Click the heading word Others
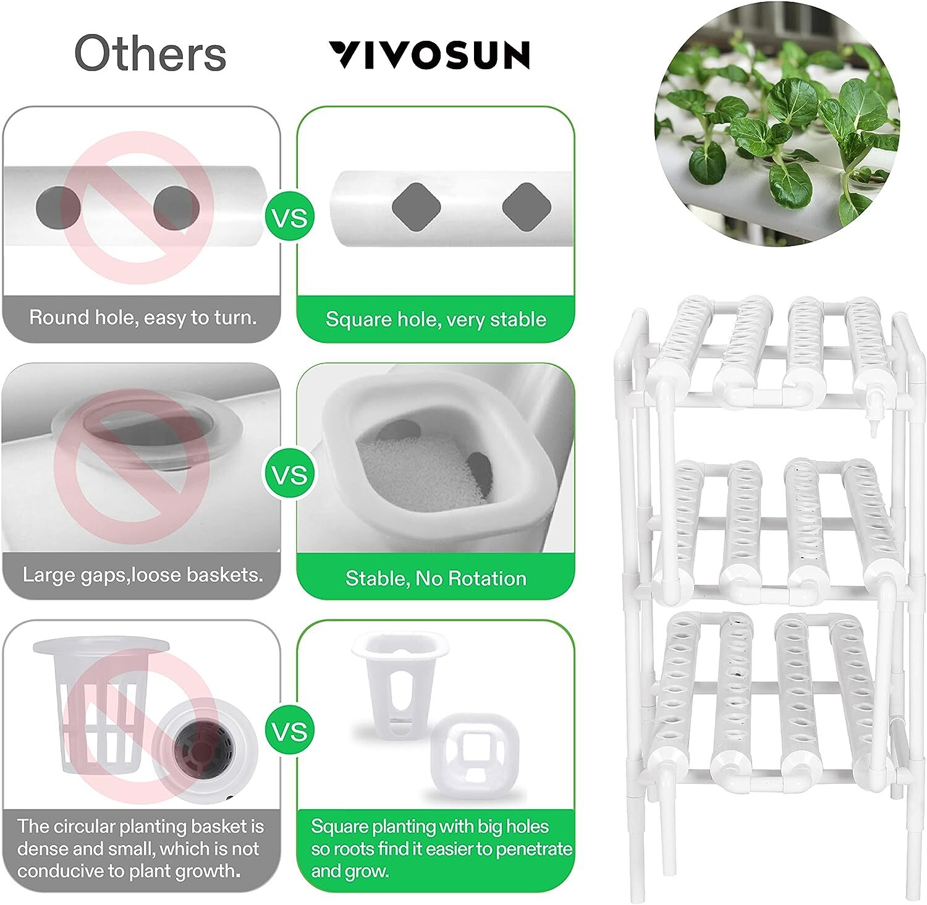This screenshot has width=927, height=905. click(150, 54)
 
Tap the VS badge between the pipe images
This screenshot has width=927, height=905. click(289, 218)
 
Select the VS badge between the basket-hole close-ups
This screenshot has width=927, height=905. click(289, 475)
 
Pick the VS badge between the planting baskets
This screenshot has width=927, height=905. click(289, 731)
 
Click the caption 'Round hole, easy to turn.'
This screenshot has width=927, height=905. click(142, 318)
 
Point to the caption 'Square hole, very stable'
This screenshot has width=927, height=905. click(436, 320)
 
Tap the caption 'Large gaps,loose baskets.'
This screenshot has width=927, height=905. click(142, 575)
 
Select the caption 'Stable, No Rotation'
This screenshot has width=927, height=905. click(436, 579)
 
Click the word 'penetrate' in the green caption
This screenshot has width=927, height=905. click(534, 849)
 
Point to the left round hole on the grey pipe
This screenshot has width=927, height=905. click(58, 207)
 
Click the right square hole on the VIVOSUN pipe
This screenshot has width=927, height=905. click(526, 207)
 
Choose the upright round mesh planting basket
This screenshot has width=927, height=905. click(99, 705)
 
